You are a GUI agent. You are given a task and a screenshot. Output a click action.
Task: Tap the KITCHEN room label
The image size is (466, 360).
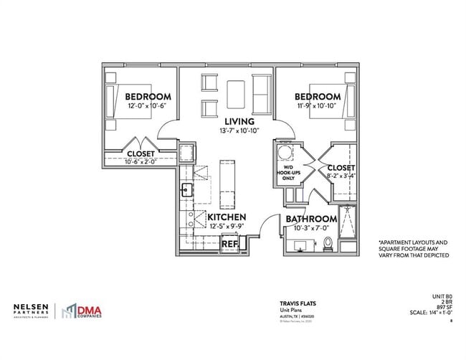[x=227, y=217]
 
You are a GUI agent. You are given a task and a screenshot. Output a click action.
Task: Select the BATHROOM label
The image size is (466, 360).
[x=311, y=219]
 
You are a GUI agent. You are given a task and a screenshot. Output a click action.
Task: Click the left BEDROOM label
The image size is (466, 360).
[x=148, y=97]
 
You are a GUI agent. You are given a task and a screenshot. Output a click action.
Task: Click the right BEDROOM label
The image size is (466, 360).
[x=316, y=97]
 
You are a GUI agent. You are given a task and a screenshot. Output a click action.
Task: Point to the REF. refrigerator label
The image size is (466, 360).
[x=229, y=244]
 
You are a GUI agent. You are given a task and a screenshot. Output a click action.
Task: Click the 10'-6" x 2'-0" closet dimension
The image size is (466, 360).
[x=141, y=162]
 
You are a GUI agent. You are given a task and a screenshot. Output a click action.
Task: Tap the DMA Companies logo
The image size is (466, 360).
[x=80, y=311]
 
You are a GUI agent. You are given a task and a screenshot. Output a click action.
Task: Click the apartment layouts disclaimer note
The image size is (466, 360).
[x=413, y=249]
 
